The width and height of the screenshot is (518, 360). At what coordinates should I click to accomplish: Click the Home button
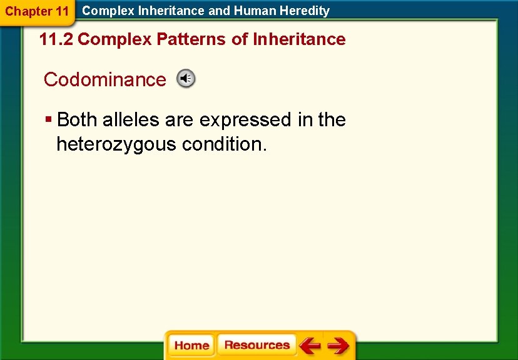click(191, 346)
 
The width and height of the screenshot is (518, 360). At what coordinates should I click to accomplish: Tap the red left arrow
click(309, 346)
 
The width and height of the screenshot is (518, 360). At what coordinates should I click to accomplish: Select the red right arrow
click(338, 346)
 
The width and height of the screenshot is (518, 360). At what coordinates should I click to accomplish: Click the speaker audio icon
click(186, 79)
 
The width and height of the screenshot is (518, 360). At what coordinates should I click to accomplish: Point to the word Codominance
click(104, 80)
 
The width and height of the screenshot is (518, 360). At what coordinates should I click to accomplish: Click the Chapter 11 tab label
click(36, 11)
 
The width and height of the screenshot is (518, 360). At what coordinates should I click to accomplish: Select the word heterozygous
click(116, 144)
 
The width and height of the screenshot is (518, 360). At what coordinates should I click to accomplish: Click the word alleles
click(131, 119)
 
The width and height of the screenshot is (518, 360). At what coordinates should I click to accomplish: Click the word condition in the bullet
click(225, 144)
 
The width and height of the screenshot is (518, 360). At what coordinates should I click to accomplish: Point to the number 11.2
click(56, 39)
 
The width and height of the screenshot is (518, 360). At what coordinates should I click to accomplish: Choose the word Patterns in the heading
click(191, 39)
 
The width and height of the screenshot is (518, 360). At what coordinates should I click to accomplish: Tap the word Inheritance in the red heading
click(298, 39)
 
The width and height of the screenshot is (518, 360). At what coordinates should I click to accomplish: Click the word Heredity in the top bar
click(306, 11)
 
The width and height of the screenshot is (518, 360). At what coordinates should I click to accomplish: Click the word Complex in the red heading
click(115, 39)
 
